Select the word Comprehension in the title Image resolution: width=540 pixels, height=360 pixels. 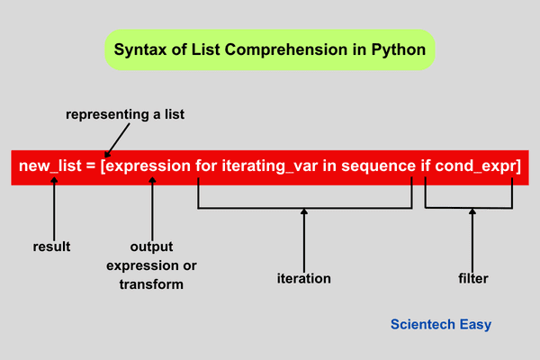click(292, 49)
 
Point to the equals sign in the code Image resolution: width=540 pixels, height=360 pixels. click(94, 166)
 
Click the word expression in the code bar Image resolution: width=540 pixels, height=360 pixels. click(149, 166)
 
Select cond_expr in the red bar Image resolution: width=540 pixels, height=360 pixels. click(477, 166)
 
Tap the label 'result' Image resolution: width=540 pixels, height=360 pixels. click(51, 246)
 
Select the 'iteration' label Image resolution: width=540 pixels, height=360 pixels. click(304, 278)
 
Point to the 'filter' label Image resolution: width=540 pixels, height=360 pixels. click(472, 278)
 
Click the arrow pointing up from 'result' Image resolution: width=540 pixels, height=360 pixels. click(55, 207)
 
